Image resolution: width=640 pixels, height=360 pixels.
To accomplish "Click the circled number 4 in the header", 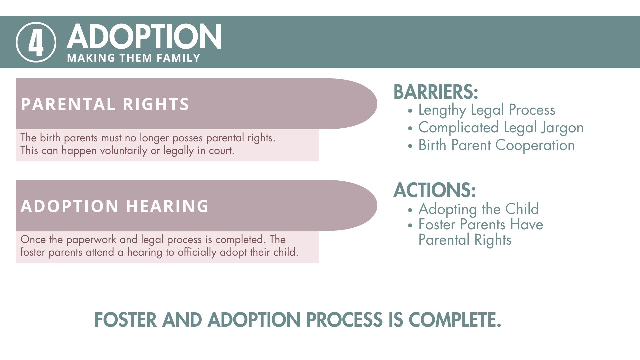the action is [36, 42].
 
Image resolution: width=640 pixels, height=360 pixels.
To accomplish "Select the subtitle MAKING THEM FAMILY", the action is [133, 58].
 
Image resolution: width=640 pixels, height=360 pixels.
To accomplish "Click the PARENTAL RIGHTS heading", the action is [105, 104].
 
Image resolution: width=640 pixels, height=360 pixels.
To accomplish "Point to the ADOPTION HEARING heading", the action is [115, 206].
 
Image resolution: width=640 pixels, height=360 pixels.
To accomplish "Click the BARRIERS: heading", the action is [436, 92].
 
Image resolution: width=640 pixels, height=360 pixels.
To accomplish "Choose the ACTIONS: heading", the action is [434, 190].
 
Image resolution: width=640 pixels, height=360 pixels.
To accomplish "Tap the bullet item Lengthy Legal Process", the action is [487, 110].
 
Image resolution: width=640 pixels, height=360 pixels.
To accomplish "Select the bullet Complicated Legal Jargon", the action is [501, 128].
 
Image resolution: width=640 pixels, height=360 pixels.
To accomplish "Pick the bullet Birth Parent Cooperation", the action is [496, 145].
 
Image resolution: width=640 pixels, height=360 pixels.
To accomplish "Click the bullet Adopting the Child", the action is [478, 209].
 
